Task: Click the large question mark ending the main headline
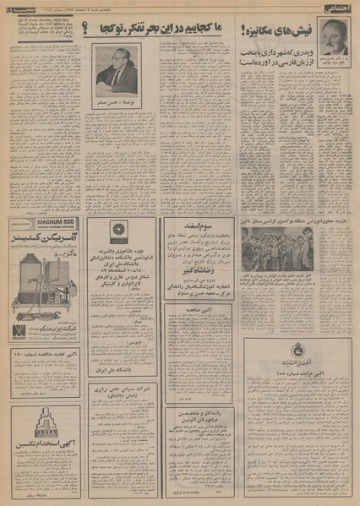point(87,31)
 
